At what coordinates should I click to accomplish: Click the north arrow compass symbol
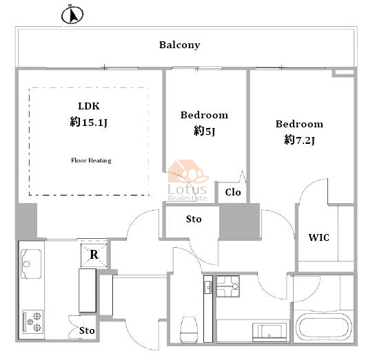[72, 14]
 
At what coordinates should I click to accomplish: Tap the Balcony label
[180, 45]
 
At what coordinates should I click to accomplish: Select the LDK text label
[89, 106]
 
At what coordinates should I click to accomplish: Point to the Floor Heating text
[91, 160]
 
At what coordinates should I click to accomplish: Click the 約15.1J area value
[88, 123]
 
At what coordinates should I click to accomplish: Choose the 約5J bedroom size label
[205, 131]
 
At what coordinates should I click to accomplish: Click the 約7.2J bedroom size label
[299, 140]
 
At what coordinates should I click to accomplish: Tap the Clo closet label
[233, 192]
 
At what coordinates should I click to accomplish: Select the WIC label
[319, 237]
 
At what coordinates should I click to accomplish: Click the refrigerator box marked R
[94, 255]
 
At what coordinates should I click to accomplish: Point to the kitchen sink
[31, 264]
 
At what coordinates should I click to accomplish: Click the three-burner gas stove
[33, 321]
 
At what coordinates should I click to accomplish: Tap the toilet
[189, 329]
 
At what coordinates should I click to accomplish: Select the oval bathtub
[324, 328]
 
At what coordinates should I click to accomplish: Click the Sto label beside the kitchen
[87, 330]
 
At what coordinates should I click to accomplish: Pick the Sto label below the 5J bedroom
[194, 219]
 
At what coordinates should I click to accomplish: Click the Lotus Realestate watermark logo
[187, 180]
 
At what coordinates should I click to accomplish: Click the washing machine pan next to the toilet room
[227, 286]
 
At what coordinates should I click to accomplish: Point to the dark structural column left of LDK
[27, 220]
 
